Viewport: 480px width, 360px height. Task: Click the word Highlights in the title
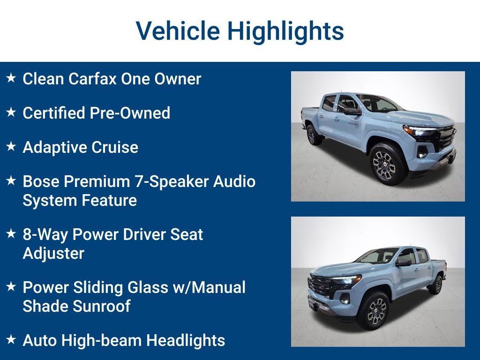(x=285, y=31)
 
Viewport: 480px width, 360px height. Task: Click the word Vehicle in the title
(x=178, y=31)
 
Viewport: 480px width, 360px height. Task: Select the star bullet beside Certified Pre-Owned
(x=11, y=112)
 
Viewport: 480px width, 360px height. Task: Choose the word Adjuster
(x=53, y=254)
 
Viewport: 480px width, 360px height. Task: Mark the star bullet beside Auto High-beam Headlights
(x=11, y=339)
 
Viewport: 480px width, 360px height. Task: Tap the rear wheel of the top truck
(x=312, y=135)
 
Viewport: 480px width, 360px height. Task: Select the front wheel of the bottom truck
(x=373, y=310)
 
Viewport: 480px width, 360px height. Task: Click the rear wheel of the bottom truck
(x=436, y=285)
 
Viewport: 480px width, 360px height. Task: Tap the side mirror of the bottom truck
(x=404, y=262)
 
